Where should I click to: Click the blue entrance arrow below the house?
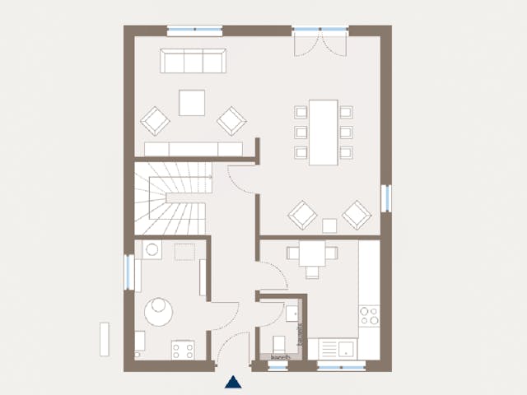234,381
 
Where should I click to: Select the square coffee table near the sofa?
193,103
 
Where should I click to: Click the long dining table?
323,132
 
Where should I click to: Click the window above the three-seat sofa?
194,31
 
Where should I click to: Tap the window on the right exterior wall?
385,198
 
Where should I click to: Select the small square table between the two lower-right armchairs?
329,225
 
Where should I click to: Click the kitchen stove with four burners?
369,316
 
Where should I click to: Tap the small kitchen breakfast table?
311,253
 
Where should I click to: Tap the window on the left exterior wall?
128,272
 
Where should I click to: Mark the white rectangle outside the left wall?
104,339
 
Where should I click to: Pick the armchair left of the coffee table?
155,121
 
